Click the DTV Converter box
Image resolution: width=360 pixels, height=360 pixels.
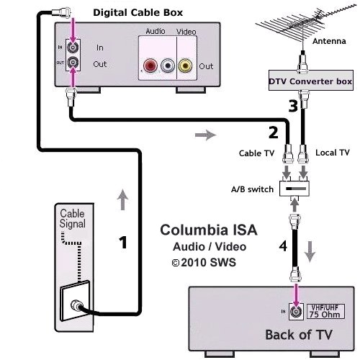pyautogui.click(x=310, y=82)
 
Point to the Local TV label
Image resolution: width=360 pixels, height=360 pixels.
pyautogui.click(x=333, y=153)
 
